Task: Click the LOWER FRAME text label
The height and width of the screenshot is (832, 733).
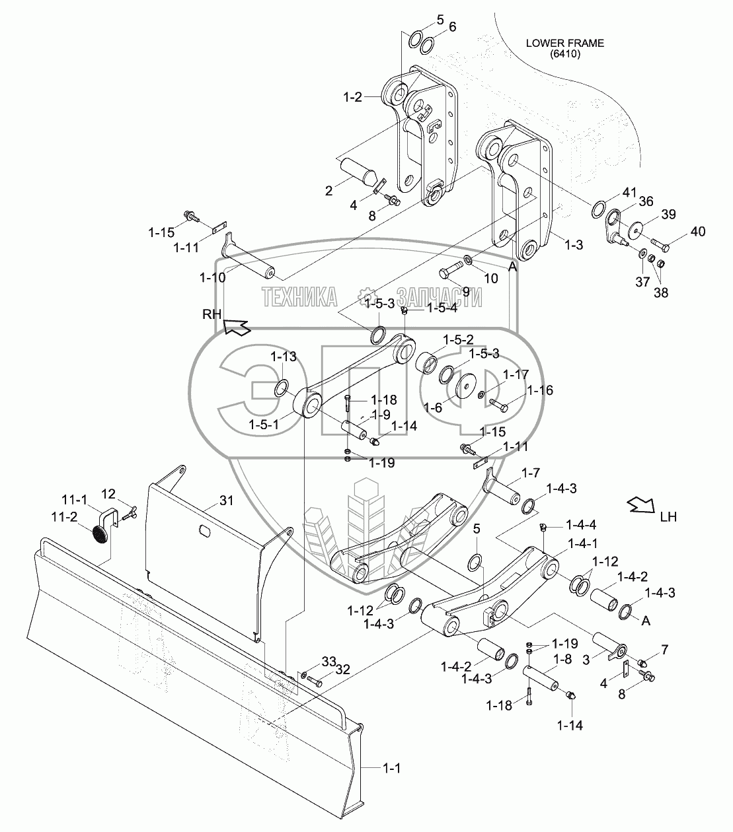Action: pos(565,43)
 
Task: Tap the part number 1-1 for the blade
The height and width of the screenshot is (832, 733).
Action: pos(391,769)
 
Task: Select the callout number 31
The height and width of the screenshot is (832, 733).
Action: pos(226,501)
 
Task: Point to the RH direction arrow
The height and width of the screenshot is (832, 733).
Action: pos(237,328)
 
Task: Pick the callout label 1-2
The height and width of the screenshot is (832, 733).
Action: pos(353,97)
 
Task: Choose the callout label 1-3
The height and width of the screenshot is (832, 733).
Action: pos(574,245)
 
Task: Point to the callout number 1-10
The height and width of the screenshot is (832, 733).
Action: pos(213,277)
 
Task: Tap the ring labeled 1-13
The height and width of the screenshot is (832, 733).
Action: pos(282,388)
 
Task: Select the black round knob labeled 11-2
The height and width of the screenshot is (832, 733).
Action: pos(100,535)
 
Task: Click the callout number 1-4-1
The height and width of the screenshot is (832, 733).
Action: pos(583,543)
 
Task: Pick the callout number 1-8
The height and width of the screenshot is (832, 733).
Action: pos(562,659)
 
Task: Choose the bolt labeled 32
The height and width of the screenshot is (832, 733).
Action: pos(315,682)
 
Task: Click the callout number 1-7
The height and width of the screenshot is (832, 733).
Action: pos(530,473)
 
